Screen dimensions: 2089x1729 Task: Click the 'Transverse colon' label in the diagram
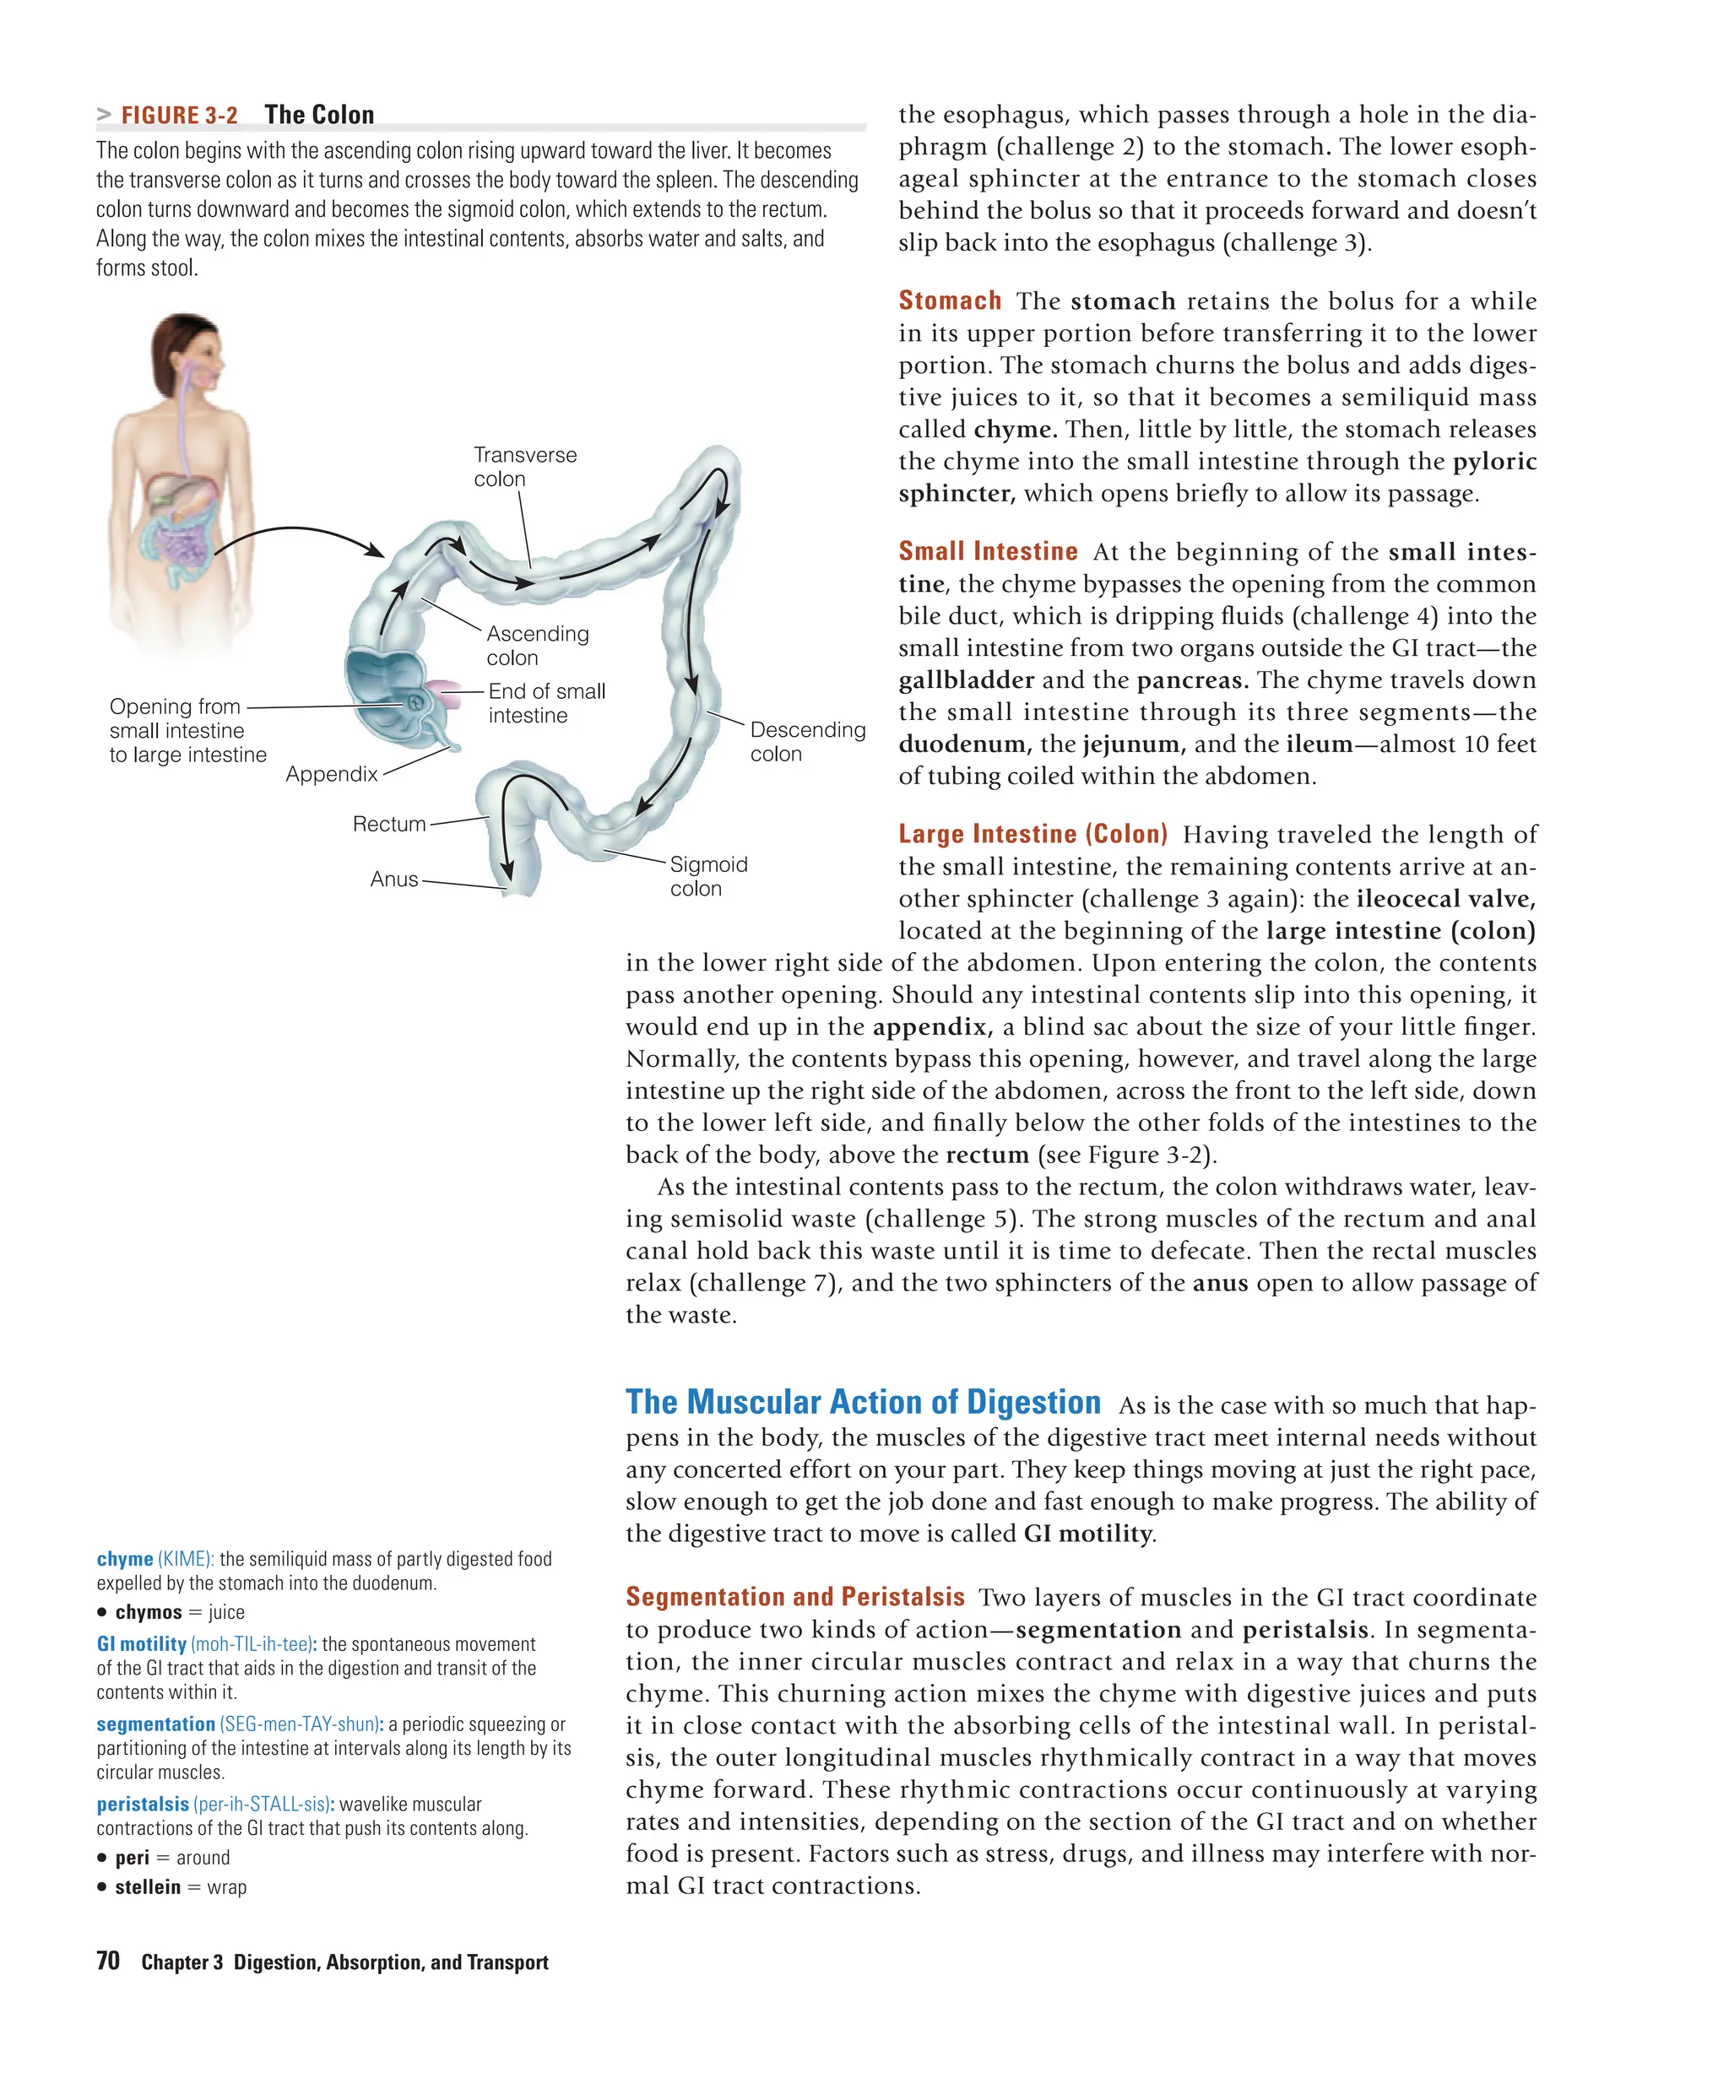(x=524, y=467)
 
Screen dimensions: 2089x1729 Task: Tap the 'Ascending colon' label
(x=536, y=646)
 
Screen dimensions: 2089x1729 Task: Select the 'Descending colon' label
(x=807, y=741)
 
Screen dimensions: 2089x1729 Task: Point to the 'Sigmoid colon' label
(x=707, y=876)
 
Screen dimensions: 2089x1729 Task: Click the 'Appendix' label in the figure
(x=331, y=774)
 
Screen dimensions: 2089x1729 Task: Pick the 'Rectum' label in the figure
(x=388, y=824)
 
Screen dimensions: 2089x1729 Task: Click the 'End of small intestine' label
(x=546, y=703)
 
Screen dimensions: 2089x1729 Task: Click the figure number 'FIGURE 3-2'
(x=179, y=116)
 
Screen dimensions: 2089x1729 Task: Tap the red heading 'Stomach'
(x=949, y=300)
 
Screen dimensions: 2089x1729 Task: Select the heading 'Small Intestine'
(x=987, y=551)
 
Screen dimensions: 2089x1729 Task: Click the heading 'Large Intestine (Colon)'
(x=1032, y=834)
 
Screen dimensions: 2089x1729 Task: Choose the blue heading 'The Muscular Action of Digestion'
(x=863, y=1402)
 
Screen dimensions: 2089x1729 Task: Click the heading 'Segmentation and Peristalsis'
(x=794, y=1597)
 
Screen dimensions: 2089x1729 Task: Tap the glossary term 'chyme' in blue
(x=124, y=1559)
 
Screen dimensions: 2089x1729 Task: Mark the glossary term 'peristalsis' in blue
(x=143, y=1804)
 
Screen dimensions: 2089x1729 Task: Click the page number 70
(x=107, y=1961)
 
